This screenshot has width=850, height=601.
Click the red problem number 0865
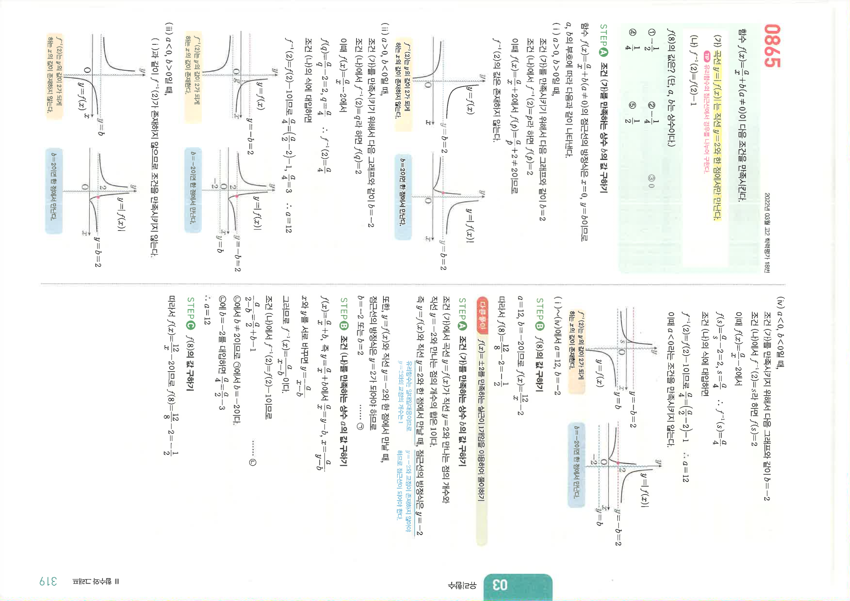pyautogui.click(x=772, y=46)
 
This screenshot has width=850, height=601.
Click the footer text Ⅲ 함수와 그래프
pyautogui.click(x=96, y=581)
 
